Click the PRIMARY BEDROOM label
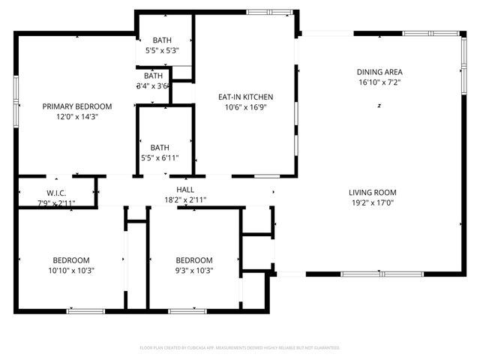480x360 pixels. [x=76, y=106]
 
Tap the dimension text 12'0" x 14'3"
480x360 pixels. [x=76, y=117]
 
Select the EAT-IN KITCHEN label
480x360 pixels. [x=245, y=97]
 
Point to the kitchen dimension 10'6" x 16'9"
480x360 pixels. [x=245, y=107]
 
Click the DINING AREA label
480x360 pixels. [x=379, y=72]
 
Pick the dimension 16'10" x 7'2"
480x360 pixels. [x=379, y=82]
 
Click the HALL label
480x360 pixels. [x=185, y=190]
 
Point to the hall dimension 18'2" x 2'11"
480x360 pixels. [x=185, y=200]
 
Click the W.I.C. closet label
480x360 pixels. [x=57, y=193]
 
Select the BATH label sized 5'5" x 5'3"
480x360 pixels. [x=162, y=40]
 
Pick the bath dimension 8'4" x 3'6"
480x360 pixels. [x=153, y=85]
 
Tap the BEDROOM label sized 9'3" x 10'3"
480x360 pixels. [x=193, y=260]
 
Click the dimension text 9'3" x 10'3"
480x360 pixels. [x=193, y=271]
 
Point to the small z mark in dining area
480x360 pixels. [x=379, y=106]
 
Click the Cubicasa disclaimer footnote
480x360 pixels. [x=240, y=348]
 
